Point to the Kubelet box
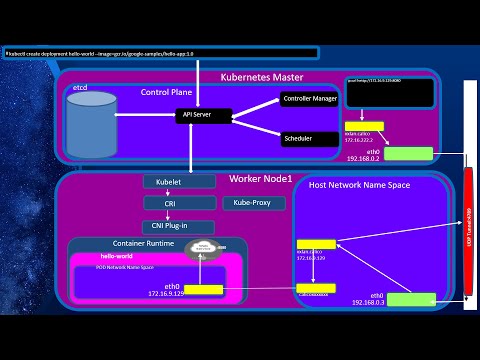178,182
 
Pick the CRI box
178,203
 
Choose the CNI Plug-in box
178,224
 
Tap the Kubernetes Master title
275,77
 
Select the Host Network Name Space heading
355,185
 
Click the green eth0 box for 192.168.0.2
408,153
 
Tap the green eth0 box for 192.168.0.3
412,298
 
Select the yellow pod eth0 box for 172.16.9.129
202,289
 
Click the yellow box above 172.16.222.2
357,127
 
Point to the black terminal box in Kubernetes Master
389,93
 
